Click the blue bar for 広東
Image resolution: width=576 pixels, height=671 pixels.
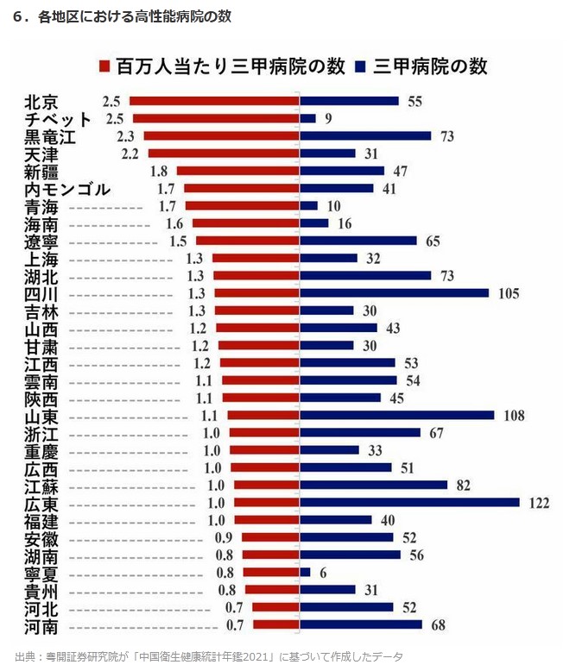point(410,503)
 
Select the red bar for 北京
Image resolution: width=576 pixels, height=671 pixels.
point(214,101)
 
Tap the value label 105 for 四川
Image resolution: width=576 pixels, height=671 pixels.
point(509,293)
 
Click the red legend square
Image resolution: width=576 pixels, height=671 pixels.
point(104,66)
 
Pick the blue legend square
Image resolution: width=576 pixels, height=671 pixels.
point(359,66)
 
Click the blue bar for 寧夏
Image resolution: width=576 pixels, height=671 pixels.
point(305,572)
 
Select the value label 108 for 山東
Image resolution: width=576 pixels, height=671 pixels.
point(515,416)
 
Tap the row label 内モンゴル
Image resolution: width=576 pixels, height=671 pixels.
point(67,189)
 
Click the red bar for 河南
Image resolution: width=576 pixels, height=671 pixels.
point(275,624)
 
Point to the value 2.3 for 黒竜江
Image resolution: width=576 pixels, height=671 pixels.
point(125,136)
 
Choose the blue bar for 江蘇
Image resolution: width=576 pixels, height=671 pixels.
point(374,486)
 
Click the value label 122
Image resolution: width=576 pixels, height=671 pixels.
point(539,503)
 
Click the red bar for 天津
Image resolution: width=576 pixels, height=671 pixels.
point(223,154)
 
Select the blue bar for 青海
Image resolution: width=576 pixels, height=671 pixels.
point(309,206)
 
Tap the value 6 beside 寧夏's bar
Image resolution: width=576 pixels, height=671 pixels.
point(323,572)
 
